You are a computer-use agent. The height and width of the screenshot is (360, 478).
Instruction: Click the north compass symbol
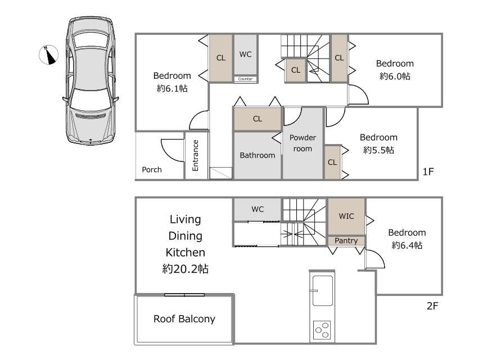click(x=48, y=55)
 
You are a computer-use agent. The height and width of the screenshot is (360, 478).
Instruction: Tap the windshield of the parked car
click(x=90, y=99)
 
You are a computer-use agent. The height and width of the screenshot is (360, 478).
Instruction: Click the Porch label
click(x=152, y=169)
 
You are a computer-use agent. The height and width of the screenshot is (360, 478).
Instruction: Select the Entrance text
click(x=195, y=155)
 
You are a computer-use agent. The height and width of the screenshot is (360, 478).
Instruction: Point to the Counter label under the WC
click(x=245, y=79)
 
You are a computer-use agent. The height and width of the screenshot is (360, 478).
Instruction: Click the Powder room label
click(x=303, y=143)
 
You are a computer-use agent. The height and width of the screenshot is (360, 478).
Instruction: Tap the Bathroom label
click(x=258, y=155)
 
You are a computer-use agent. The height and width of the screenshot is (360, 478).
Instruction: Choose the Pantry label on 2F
click(x=346, y=241)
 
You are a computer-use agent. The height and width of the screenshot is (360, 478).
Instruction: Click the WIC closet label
click(x=346, y=216)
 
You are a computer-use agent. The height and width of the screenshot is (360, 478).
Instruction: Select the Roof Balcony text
click(x=184, y=319)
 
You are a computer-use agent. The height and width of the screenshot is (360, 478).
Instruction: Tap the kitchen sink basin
click(x=322, y=291)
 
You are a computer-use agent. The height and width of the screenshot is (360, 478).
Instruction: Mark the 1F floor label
click(x=428, y=172)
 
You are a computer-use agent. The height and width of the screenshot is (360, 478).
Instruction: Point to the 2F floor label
click(x=432, y=306)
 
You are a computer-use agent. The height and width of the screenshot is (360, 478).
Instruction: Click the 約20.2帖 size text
click(x=186, y=269)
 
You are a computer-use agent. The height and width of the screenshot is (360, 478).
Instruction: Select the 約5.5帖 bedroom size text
click(x=378, y=150)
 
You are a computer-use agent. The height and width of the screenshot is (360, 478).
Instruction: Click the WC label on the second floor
click(x=258, y=209)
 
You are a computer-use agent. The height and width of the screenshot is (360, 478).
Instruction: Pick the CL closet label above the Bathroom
click(x=258, y=119)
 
